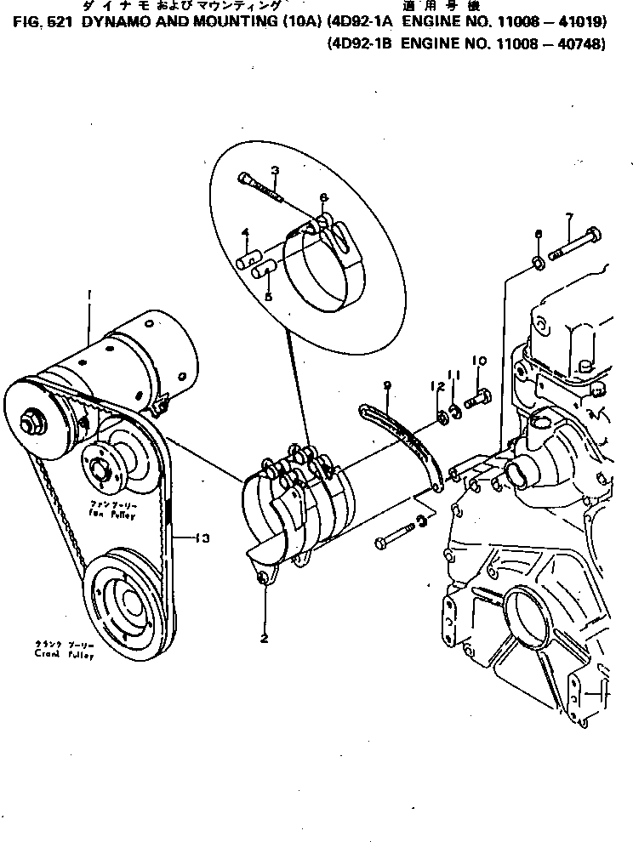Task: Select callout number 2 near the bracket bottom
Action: point(264,637)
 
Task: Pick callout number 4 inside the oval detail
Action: point(245,231)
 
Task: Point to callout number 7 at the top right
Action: point(569,218)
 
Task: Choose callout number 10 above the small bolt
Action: point(478,361)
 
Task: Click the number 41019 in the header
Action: point(580,25)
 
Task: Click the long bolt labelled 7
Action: point(578,243)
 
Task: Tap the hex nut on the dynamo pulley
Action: point(35,420)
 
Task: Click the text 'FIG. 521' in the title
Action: point(41,25)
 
